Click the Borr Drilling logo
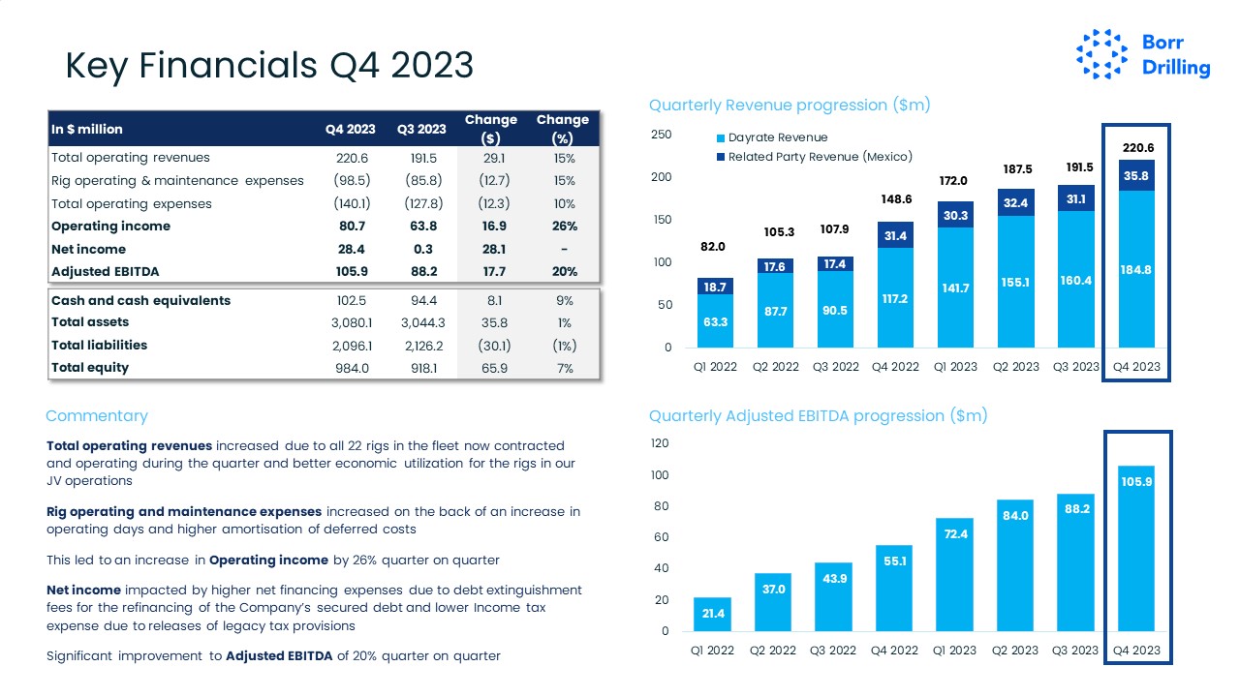[x=1143, y=54]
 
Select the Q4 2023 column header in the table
[x=350, y=129]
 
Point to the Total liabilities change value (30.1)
[x=494, y=346]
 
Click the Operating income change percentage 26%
[x=565, y=227]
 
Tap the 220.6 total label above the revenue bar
[x=1137, y=148]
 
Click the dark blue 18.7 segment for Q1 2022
[x=715, y=287]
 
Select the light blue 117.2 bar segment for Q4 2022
[x=894, y=297]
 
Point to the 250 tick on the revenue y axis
[x=661, y=135]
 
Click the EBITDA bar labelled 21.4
[x=712, y=614]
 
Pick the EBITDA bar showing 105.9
[x=1135, y=548]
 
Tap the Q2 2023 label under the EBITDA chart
[x=1015, y=651]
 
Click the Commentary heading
[x=97, y=416]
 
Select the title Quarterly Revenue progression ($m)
[x=790, y=105]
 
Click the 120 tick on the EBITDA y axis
[x=659, y=443]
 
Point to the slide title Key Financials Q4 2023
[x=268, y=65]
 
